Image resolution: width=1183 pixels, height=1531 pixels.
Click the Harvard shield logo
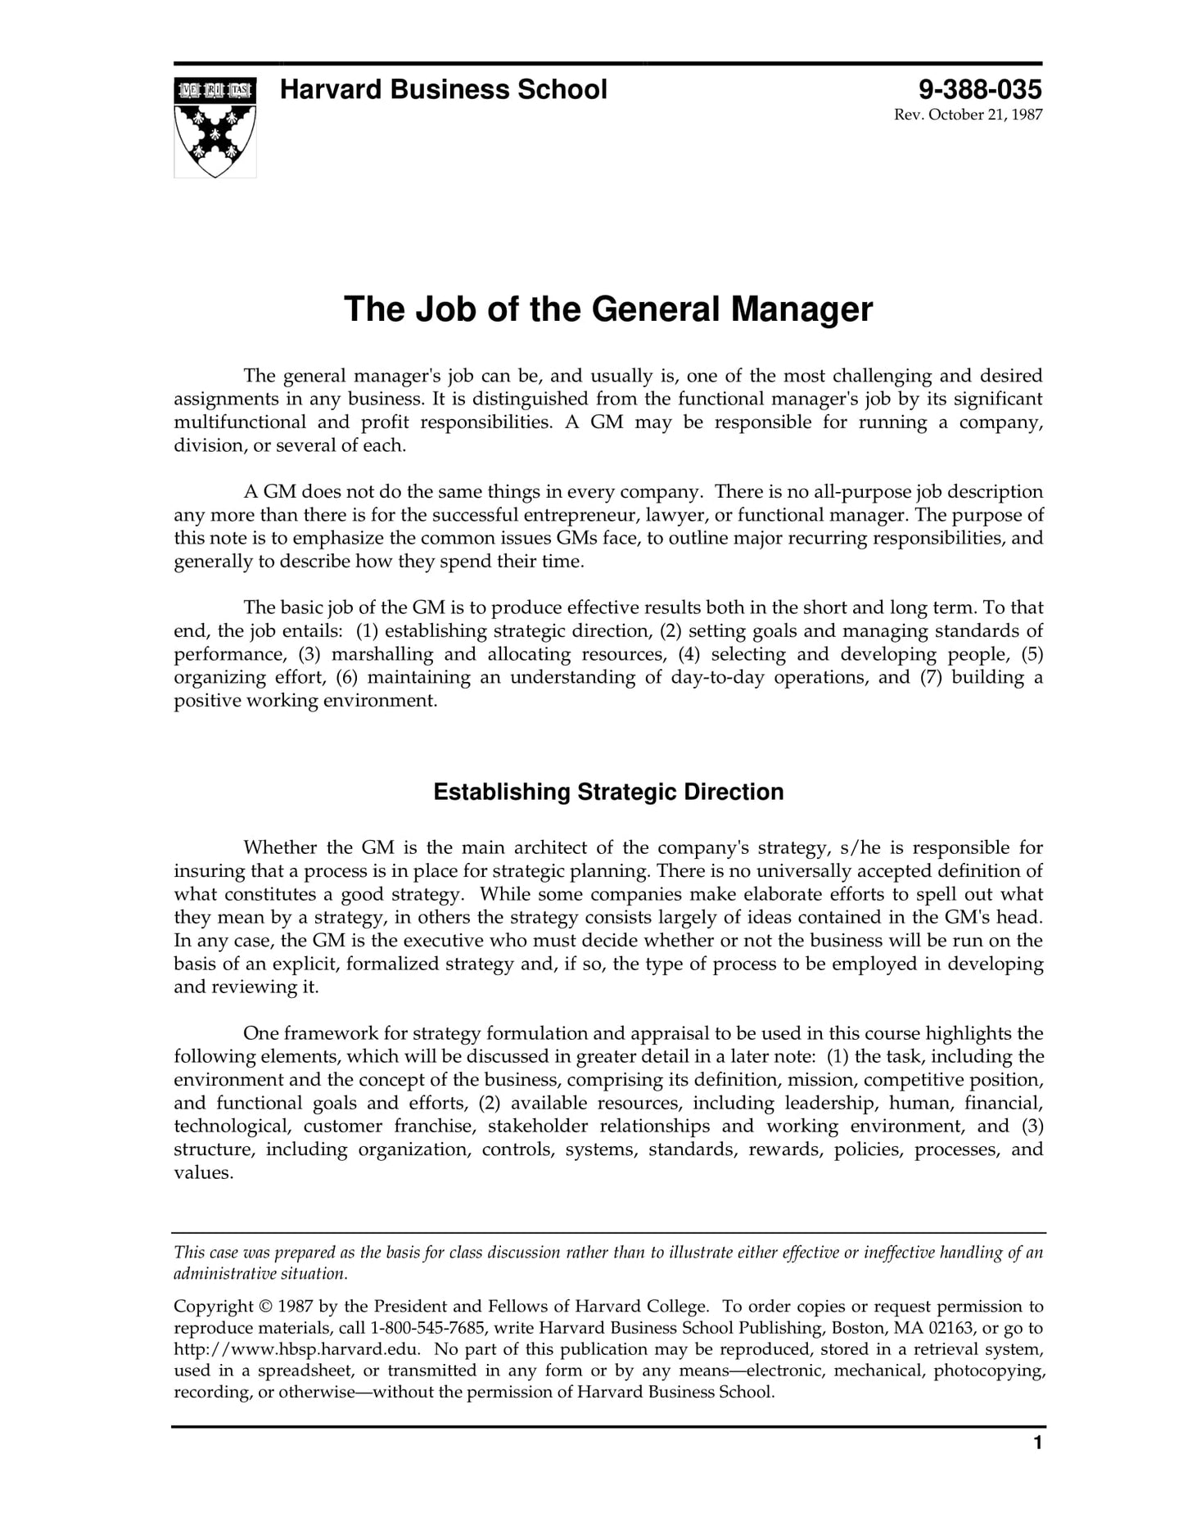214,127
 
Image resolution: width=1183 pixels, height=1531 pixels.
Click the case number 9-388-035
980,89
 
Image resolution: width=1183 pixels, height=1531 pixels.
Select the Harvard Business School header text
443,89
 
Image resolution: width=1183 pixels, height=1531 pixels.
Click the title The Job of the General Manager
607,309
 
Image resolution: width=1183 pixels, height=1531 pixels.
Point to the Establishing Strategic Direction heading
607,792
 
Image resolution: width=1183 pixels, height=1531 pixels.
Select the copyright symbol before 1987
266,1307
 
